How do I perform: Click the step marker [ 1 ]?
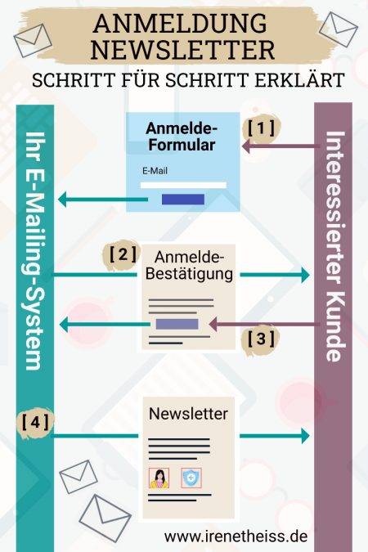tap(263, 128)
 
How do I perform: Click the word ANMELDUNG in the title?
tap(183, 23)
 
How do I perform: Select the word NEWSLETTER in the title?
tap(183, 50)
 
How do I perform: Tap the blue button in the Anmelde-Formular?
tap(183, 200)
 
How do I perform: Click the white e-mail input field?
tap(183, 186)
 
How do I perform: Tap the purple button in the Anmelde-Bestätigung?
tap(177, 324)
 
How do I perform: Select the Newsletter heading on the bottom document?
tap(188, 414)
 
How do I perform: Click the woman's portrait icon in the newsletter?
tap(159, 478)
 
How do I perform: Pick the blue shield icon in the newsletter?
tap(191, 478)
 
